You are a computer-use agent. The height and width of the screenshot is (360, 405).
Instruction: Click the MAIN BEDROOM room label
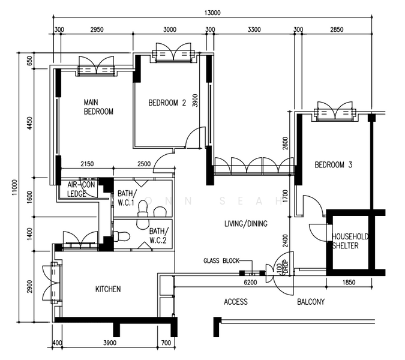pos(98,107)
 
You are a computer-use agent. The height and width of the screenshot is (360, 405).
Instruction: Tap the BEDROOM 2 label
pos(167,103)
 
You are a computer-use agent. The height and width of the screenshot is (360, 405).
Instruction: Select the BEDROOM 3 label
pos(334,165)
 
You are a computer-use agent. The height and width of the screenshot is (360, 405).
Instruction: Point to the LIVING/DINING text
pos(246,223)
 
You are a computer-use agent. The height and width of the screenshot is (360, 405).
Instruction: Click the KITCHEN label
pos(108,289)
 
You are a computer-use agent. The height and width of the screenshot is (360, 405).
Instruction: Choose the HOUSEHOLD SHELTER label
pos(350,241)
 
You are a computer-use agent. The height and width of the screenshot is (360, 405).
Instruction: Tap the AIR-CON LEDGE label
pos(81,189)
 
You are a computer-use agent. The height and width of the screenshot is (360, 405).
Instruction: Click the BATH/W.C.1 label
pos(126,198)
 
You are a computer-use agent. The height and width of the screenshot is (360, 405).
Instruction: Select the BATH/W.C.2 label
pos(159,235)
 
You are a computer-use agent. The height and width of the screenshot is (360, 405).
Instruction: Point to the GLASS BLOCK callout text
pos(221,260)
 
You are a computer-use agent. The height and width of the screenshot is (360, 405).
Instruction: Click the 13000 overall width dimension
pos(212,13)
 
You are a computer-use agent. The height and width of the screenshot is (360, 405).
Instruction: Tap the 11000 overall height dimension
pos(14,187)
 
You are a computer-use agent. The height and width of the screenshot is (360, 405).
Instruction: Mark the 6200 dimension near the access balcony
pos(250,282)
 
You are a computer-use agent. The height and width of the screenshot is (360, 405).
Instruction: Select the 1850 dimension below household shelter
pos(349,282)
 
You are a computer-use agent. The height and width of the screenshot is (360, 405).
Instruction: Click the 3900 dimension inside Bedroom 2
pos(195,101)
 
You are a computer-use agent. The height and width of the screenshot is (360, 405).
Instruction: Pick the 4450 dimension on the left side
pos(30,124)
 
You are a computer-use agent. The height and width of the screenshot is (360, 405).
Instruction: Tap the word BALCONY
pos(311,302)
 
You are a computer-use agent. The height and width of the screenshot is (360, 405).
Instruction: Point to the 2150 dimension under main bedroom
pos(87,164)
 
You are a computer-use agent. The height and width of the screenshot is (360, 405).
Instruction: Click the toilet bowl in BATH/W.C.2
pos(122,236)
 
